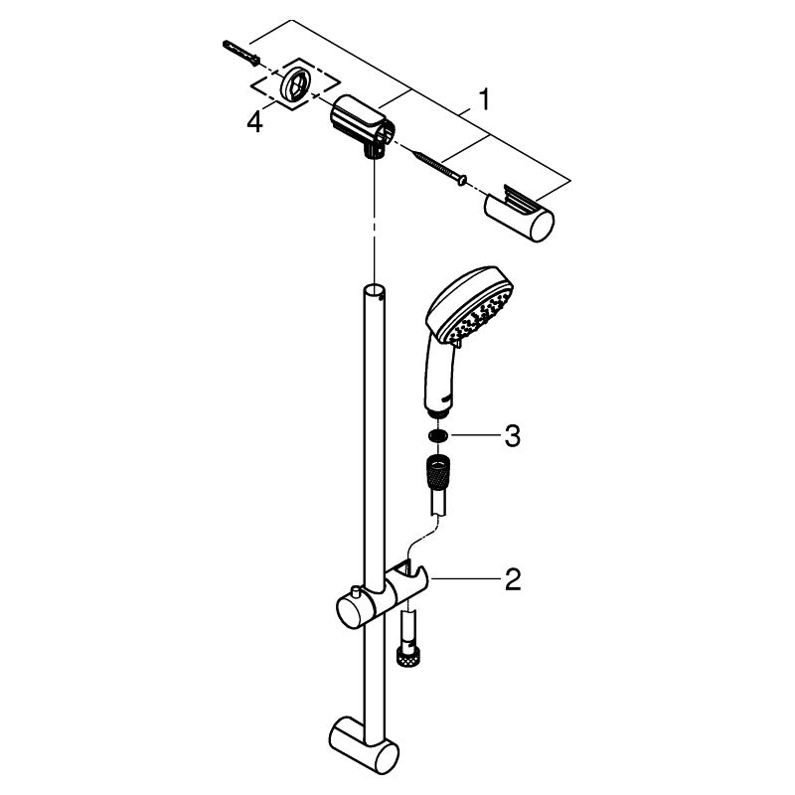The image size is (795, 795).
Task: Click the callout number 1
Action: (485, 99)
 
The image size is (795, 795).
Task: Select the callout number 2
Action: (513, 579)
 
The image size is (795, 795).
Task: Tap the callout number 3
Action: (513, 436)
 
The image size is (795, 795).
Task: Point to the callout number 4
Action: (255, 122)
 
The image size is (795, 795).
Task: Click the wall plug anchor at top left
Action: (241, 53)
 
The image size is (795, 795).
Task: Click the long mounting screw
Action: (440, 166)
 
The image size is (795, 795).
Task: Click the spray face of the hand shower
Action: (479, 315)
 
